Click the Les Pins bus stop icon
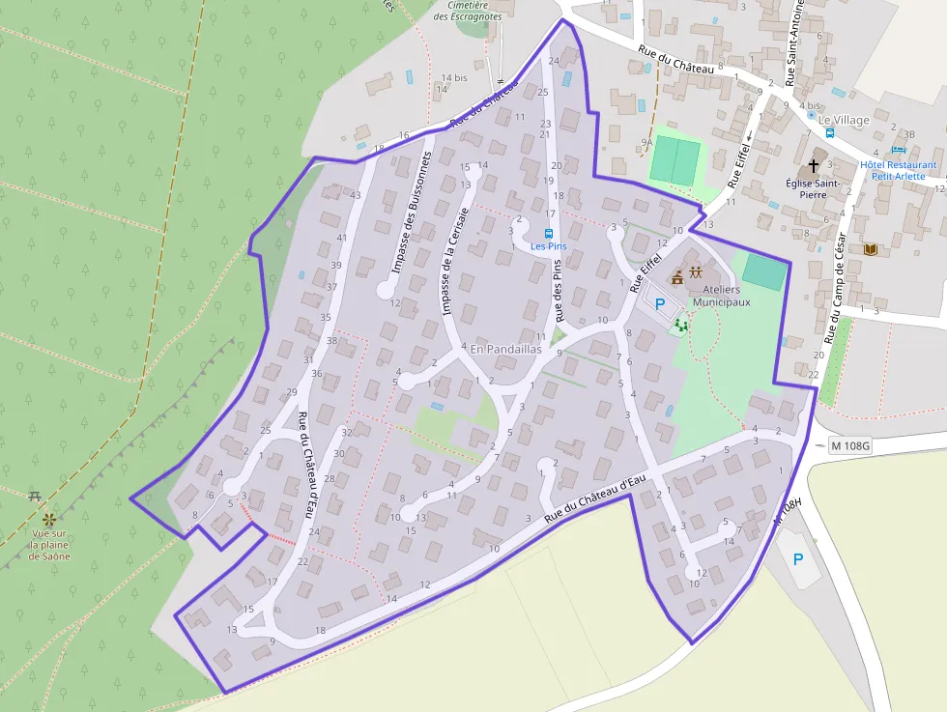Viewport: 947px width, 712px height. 549,234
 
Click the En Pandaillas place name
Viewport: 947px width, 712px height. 505,350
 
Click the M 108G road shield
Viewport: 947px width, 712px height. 850,446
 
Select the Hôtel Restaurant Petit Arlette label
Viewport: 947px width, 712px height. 898,170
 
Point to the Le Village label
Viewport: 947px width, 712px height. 843,120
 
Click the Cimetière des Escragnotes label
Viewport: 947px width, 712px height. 468,11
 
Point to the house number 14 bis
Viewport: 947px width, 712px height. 452,77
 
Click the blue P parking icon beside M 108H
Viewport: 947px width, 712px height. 798,559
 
